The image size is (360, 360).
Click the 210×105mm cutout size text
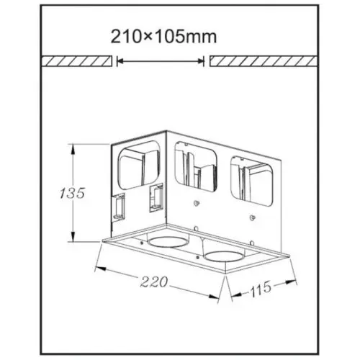pyautogui.click(x=163, y=37)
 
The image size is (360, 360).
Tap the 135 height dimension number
pyautogui.click(x=72, y=193)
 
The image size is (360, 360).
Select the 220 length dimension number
pyautogui.click(x=153, y=282)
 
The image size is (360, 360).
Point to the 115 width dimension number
pyautogui.click(x=261, y=289)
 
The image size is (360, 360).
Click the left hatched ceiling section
pyautogui.click(x=77, y=61)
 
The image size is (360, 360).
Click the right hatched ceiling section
pyautogui.click(x=264, y=61)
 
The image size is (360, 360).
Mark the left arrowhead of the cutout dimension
pyautogui.click(x=121, y=61)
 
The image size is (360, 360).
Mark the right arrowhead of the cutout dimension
pyautogui.click(x=200, y=61)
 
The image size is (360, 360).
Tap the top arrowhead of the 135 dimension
pyautogui.click(x=73, y=149)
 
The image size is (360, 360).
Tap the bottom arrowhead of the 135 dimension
pyautogui.click(x=73, y=235)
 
